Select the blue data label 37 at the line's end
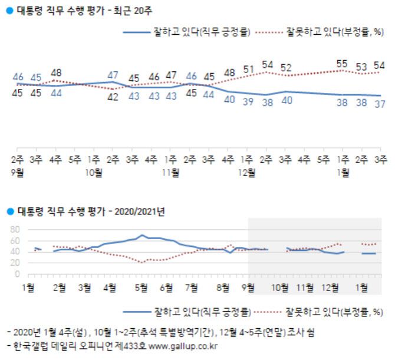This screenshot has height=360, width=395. coord(380,104)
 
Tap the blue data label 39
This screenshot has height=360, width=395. coord(248,101)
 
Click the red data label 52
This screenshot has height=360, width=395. coord(286,68)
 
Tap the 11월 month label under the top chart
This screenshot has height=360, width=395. coord(171,172)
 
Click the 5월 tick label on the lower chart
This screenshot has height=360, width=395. coord(141,287)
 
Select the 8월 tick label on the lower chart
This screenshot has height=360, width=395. coord(223,287)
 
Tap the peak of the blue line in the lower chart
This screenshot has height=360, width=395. coord(142,235)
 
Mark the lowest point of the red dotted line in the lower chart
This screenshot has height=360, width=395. coord(141,262)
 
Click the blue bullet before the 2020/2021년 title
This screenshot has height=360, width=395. coord(9,210)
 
